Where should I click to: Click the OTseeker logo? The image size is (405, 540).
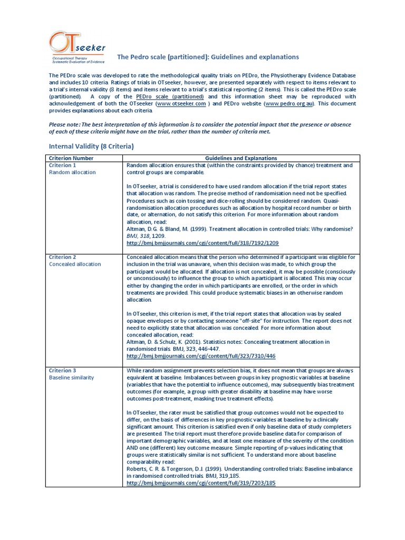(76, 49)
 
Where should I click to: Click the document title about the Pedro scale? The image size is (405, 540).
(208, 57)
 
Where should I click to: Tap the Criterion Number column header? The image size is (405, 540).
(71, 158)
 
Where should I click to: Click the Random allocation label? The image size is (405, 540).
(72, 172)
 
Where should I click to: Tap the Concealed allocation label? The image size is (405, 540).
(75, 264)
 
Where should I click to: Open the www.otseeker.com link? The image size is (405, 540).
(181, 104)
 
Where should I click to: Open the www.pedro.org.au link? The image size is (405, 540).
(290, 104)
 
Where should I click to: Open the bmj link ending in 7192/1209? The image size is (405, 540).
(202, 243)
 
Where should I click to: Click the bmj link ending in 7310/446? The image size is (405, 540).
(201, 356)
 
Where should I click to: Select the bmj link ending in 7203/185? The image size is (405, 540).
(201, 483)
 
